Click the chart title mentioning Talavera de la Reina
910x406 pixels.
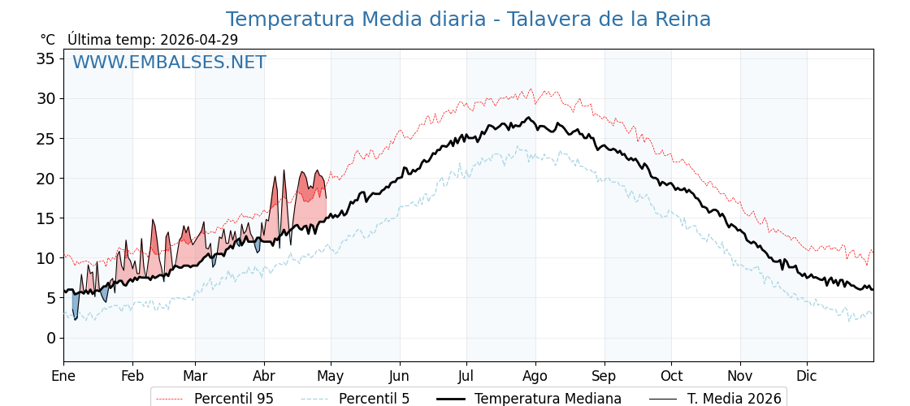point(468,19)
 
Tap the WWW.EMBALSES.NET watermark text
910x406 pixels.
point(169,63)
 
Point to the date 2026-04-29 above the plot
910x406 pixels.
point(199,40)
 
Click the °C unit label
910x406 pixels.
point(47,40)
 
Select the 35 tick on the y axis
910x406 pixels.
point(45,58)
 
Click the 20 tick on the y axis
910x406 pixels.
point(45,179)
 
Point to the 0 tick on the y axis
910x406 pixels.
point(50,338)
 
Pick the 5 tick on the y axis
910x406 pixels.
point(50,298)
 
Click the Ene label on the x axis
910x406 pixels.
point(63,376)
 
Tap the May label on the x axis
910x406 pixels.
point(331,376)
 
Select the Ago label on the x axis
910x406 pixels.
point(535,376)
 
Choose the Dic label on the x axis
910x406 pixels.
point(807,376)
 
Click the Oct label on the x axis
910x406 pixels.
point(671,376)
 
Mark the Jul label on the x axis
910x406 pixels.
point(466,376)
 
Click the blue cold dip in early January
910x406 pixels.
point(76,306)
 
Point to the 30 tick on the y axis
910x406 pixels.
point(45,99)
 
